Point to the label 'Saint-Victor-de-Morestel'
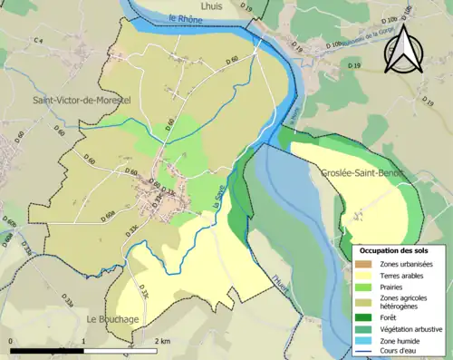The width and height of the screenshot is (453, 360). pyautogui.click(x=82, y=101)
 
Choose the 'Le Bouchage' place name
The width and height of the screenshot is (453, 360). pyautogui.click(x=112, y=319)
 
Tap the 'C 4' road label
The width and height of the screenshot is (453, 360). pyautogui.click(x=38, y=41)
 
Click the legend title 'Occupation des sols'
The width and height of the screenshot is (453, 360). pyautogui.click(x=396, y=249)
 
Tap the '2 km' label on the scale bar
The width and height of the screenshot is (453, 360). pyautogui.click(x=162, y=340)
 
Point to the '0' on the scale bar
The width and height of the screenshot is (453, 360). pyautogui.click(x=12, y=340)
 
